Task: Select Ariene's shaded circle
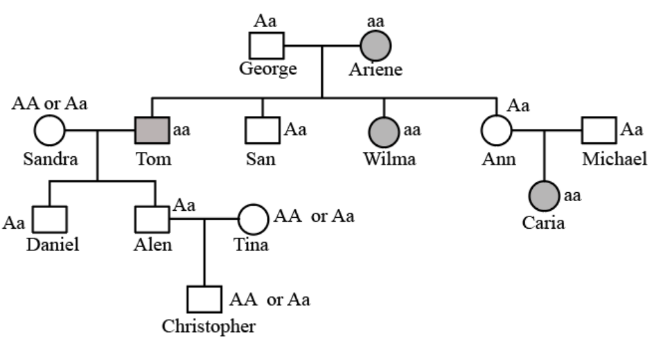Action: [375, 45]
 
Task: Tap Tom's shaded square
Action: [152, 131]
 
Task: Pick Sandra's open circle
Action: [49, 131]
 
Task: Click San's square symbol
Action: [262, 131]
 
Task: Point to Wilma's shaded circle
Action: [384, 131]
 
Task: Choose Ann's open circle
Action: [496, 131]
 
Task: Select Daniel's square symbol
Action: [50, 220]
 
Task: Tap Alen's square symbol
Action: [152, 220]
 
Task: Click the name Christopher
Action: [209, 326]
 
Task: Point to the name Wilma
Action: [389, 159]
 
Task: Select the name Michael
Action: [614, 159]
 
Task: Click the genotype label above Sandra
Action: [49, 103]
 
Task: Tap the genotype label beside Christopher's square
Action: [270, 299]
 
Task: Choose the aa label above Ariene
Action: [375, 20]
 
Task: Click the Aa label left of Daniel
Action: [14, 223]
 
